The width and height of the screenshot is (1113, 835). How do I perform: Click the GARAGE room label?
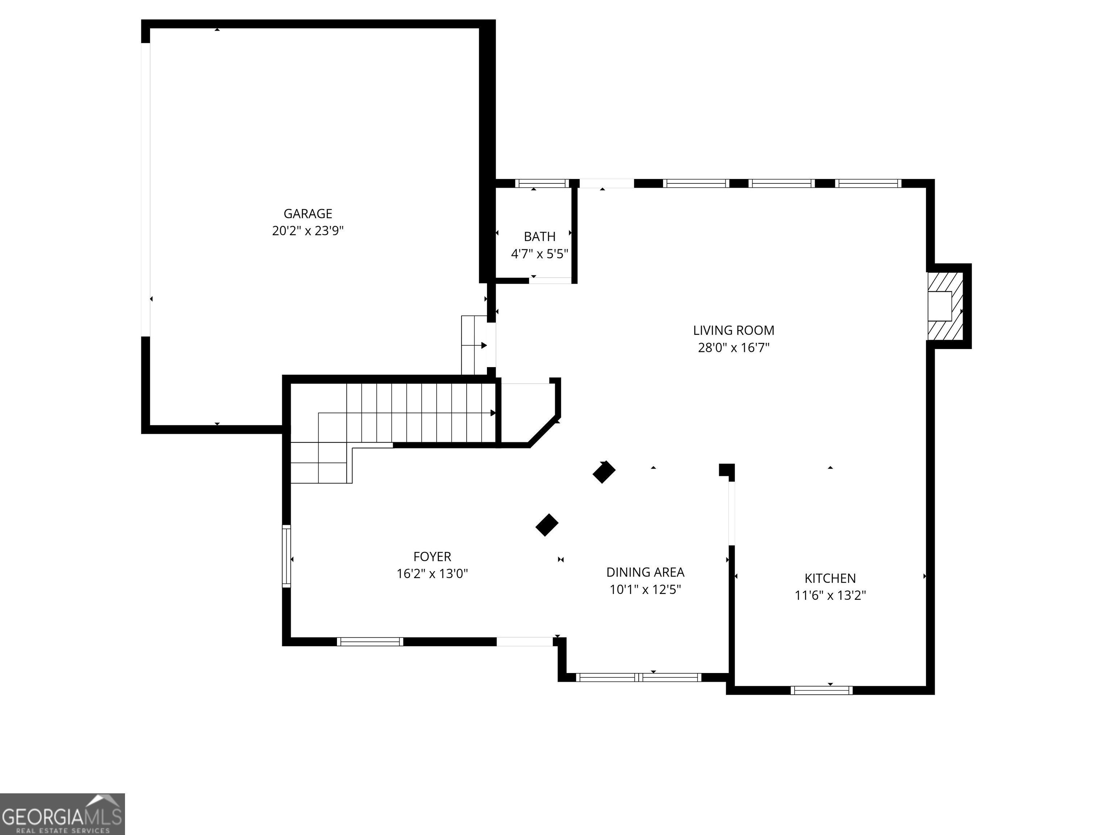[x=308, y=214]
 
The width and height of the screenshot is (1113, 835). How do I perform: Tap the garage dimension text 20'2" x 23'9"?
[x=308, y=231]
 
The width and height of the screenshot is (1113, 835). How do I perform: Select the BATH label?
[x=540, y=237]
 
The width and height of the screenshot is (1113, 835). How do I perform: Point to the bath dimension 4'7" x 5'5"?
[x=540, y=254]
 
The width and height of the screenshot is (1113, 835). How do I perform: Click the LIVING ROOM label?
[x=734, y=331]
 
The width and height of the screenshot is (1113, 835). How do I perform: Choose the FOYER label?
[x=432, y=557]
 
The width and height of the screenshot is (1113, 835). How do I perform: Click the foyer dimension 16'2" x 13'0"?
[x=432, y=574]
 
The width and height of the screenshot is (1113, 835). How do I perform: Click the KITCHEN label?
[x=830, y=578]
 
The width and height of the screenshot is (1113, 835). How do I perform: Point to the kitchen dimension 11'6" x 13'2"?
[x=830, y=595]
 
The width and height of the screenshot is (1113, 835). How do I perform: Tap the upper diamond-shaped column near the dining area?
[x=604, y=472]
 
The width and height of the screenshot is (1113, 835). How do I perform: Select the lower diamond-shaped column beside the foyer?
[x=547, y=525]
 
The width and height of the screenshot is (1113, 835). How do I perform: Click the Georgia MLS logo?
[x=62, y=814]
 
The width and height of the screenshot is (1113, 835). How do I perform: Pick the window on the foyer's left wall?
[x=286, y=556]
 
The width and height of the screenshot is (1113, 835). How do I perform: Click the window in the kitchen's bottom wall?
[x=822, y=690]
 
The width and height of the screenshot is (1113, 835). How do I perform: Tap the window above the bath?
[x=542, y=183]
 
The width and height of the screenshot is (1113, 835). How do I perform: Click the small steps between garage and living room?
[x=474, y=345]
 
